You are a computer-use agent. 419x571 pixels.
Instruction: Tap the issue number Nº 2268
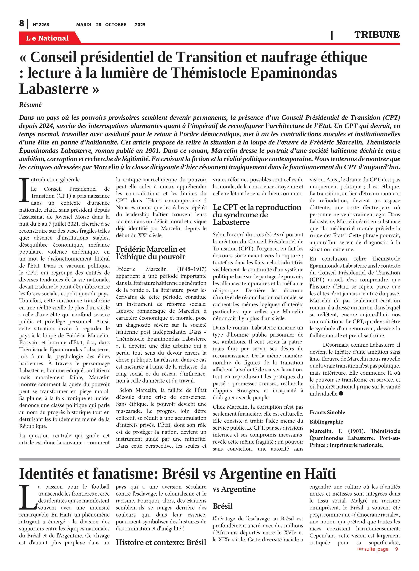41,25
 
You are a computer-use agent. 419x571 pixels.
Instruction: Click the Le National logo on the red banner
47,38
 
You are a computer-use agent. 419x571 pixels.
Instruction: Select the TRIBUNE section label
377,34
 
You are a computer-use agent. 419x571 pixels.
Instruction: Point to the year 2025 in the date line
140,25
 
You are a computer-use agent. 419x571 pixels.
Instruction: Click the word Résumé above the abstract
30,105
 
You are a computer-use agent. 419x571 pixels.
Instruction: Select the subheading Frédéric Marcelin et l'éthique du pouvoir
151,253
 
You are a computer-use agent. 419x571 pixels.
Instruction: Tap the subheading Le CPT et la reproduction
257,207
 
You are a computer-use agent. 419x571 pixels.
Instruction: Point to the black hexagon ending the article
341,394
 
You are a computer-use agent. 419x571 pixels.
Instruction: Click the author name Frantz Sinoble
327,412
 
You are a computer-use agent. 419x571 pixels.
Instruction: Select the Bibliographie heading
326,422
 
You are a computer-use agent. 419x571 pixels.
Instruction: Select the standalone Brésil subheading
222,506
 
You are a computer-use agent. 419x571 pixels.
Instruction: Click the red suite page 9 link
377,549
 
